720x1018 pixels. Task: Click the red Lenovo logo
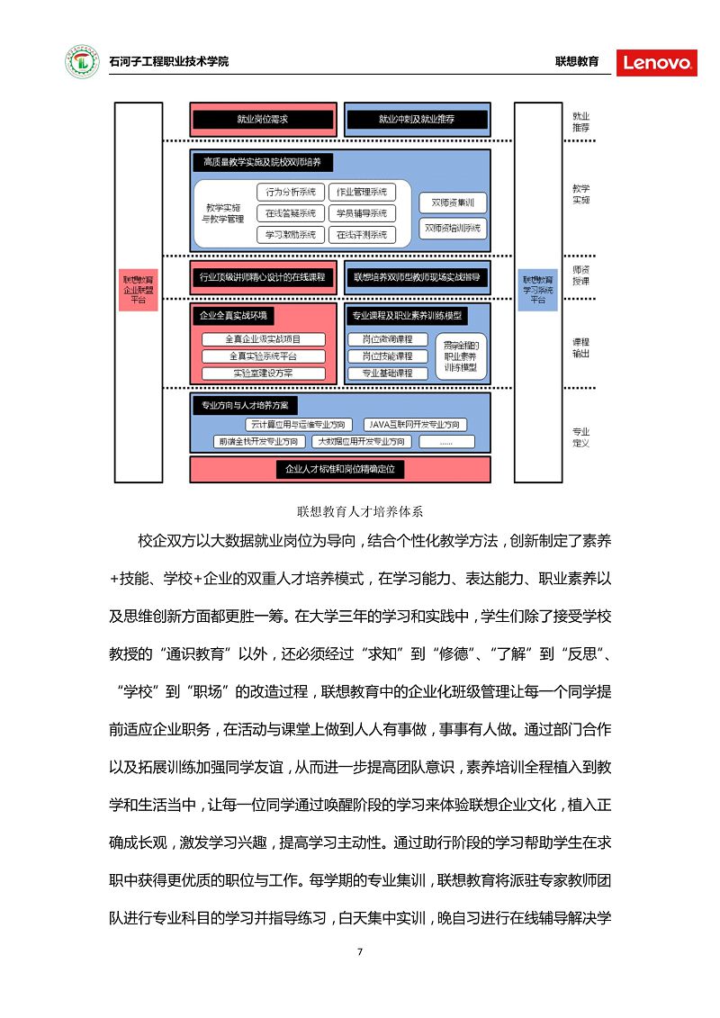(x=657, y=62)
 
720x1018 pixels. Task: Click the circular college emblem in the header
(x=82, y=62)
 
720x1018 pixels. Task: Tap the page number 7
(x=359, y=952)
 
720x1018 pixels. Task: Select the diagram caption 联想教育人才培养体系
(x=360, y=511)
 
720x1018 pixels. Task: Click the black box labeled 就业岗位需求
(x=263, y=119)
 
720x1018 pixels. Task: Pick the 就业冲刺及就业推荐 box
(x=417, y=119)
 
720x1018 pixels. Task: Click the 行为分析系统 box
(x=291, y=192)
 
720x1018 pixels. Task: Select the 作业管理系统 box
(x=361, y=192)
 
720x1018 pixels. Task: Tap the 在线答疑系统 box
(x=291, y=213)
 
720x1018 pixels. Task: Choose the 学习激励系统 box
(x=291, y=235)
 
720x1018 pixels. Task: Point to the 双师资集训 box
(x=453, y=203)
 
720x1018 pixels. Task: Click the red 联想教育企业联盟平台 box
(x=139, y=287)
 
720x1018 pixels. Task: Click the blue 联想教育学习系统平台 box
(x=538, y=287)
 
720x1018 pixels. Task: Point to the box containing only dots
(x=446, y=442)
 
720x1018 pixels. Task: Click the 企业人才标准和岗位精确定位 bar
(x=340, y=469)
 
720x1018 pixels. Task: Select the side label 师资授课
(x=580, y=275)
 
